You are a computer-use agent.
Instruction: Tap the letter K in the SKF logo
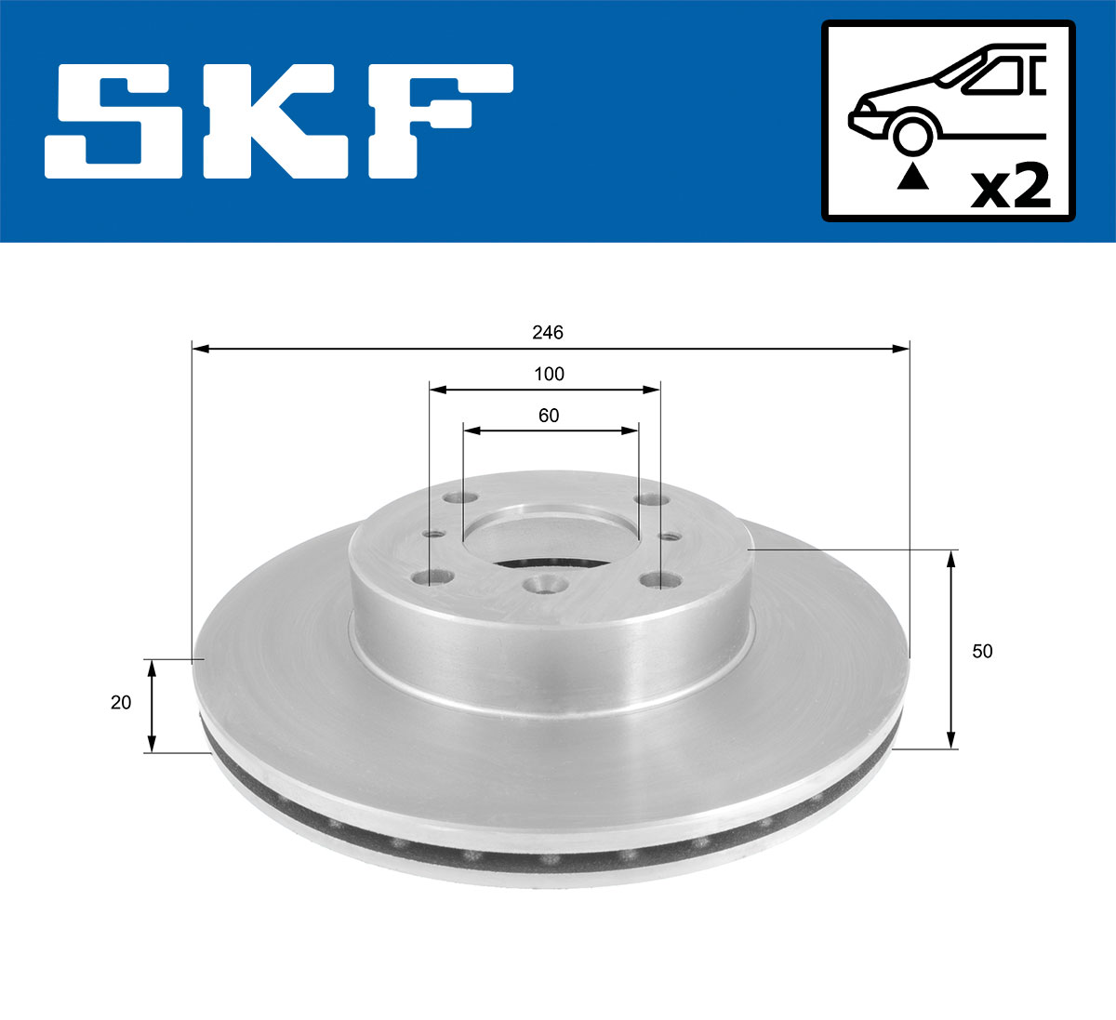(x=283, y=121)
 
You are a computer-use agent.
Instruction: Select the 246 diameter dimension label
(x=548, y=332)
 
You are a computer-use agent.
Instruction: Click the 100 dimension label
(x=549, y=375)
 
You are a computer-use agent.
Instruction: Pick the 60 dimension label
(x=549, y=416)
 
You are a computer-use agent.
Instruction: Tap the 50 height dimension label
(x=982, y=652)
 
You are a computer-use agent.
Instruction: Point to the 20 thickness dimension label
(x=121, y=703)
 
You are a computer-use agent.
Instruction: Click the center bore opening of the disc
(x=551, y=539)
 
